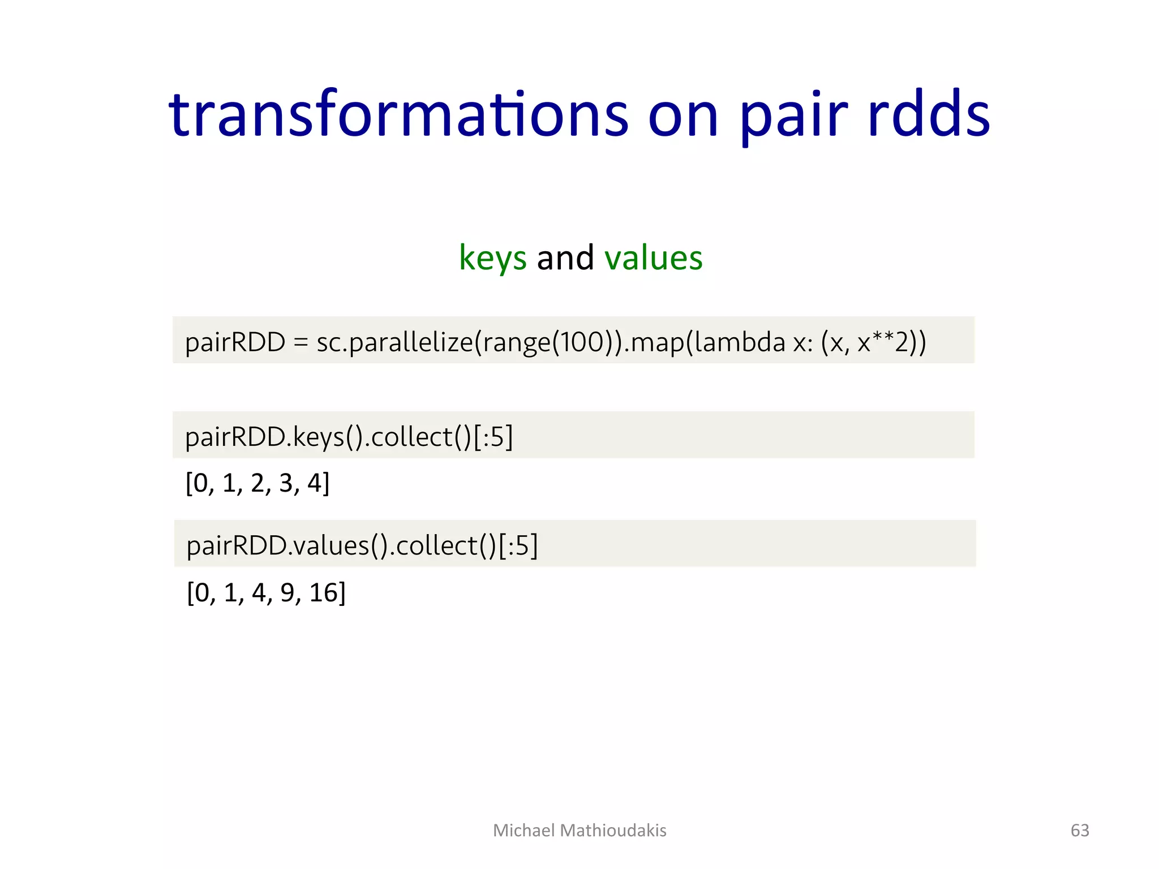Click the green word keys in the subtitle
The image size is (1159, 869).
click(492, 258)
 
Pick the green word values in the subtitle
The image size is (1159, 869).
click(653, 258)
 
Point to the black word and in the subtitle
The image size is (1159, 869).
click(565, 258)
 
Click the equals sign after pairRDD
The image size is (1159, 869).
click(301, 342)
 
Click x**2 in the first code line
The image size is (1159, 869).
click(883, 342)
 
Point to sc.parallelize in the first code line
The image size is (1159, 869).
click(394, 342)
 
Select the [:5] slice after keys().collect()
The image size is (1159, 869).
click(493, 437)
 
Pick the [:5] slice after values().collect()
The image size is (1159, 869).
click(518, 546)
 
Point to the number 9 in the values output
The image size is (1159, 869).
click(287, 593)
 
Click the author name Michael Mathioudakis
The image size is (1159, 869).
click(579, 830)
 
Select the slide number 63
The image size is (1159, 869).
click(1080, 830)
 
